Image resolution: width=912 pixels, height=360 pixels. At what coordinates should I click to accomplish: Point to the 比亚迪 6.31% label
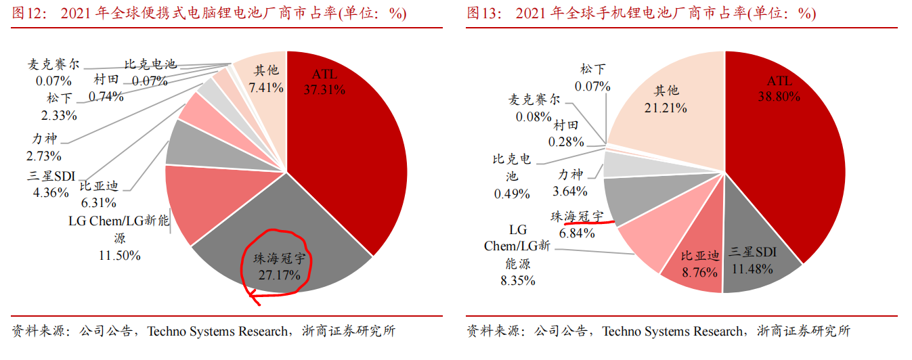pyautogui.click(x=99, y=194)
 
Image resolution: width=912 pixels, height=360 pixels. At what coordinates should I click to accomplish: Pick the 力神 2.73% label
pyautogui.click(x=45, y=148)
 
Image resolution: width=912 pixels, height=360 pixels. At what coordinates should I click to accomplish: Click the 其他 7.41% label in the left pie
pyautogui.click(x=265, y=78)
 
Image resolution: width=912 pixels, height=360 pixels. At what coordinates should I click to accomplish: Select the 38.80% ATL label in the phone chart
pyautogui.click(x=779, y=89)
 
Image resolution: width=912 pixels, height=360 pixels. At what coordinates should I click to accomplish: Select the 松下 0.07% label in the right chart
pyautogui.click(x=592, y=77)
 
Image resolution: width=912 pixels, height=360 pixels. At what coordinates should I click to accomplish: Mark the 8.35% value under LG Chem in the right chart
pyautogui.click(x=518, y=280)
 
